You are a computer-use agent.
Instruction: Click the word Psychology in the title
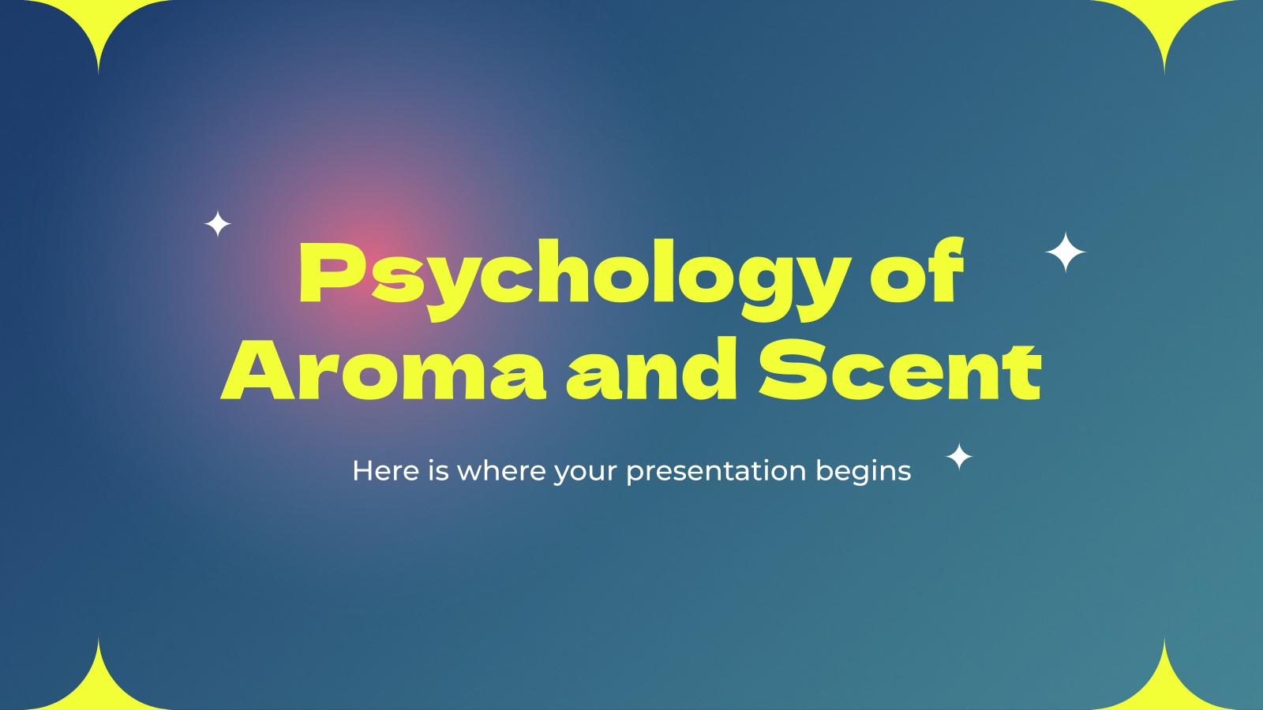tap(574, 280)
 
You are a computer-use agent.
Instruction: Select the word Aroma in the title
tap(384, 370)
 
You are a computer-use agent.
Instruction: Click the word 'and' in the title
tap(651, 368)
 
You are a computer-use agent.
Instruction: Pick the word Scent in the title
tap(900, 370)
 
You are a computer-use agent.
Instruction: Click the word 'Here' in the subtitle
tap(386, 470)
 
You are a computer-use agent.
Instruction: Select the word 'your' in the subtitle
tap(585, 473)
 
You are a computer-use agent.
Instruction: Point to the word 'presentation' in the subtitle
tap(716, 473)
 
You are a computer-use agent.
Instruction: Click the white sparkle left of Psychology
tap(218, 224)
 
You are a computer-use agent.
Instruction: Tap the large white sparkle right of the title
tap(1066, 252)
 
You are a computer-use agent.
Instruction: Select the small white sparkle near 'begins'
tap(959, 457)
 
